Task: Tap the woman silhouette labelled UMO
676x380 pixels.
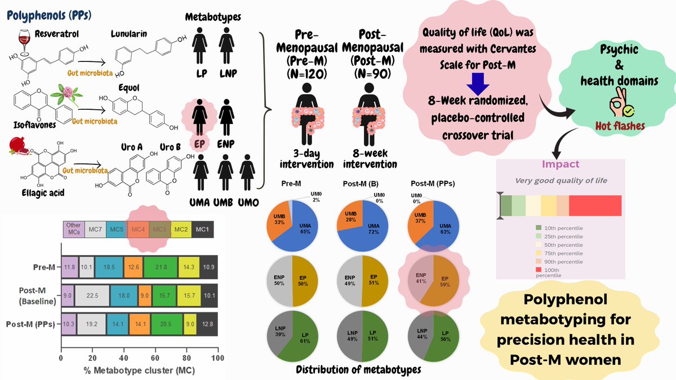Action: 247,168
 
